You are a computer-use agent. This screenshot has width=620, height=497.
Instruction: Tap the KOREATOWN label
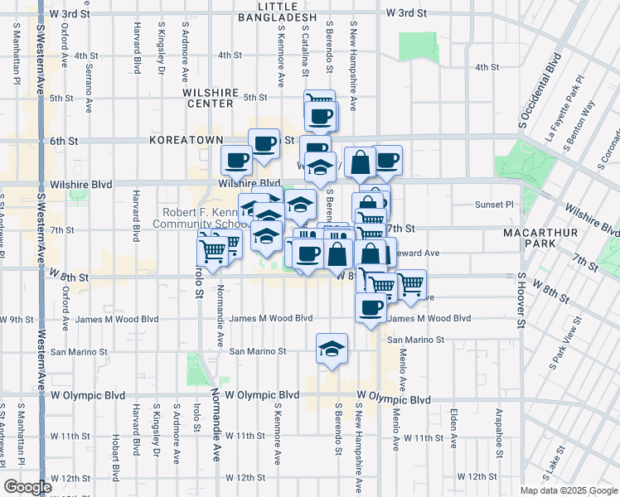(x=182, y=141)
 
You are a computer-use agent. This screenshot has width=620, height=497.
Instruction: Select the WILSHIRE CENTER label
(x=211, y=98)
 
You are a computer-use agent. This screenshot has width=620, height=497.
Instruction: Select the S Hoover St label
(x=522, y=306)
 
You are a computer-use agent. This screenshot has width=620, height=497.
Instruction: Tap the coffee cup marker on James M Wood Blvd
(x=370, y=307)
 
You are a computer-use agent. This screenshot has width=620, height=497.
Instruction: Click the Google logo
(x=28, y=487)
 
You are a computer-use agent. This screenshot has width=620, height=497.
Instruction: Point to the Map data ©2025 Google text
(x=569, y=490)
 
